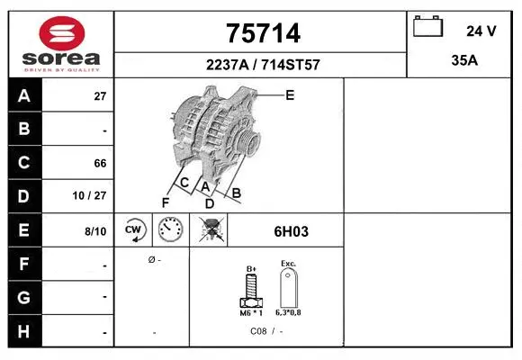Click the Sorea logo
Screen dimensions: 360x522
point(61,43)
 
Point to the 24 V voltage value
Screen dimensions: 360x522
point(481,31)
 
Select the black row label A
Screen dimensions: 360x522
point(24,95)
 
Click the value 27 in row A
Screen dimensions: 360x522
point(100,96)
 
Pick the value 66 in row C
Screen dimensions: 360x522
point(100,164)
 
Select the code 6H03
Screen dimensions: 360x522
point(291,231)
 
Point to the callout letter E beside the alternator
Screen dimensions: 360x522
point(290,94)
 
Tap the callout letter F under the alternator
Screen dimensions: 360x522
point(165,202)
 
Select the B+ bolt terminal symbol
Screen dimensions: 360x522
point(252,288)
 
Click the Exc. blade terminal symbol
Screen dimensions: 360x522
point(288,288)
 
